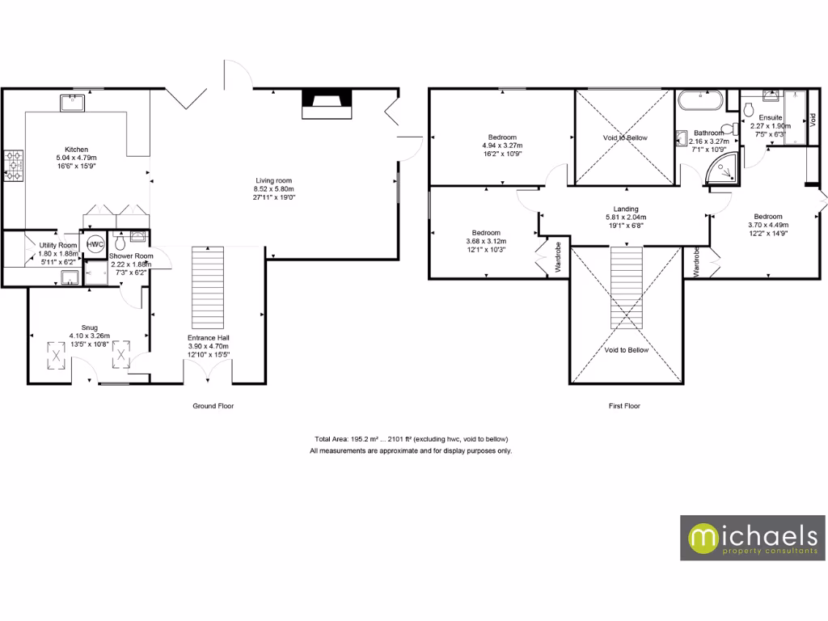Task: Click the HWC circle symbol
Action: [95, 244]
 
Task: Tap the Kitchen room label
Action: [77, 150]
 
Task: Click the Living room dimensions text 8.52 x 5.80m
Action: [274, 189]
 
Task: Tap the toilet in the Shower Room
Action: [120, 240]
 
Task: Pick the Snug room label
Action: [78, 327]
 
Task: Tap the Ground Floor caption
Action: [213, 406]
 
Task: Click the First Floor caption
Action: [624, 406]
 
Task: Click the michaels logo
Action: [752, 538]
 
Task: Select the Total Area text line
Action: [411, 439]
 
